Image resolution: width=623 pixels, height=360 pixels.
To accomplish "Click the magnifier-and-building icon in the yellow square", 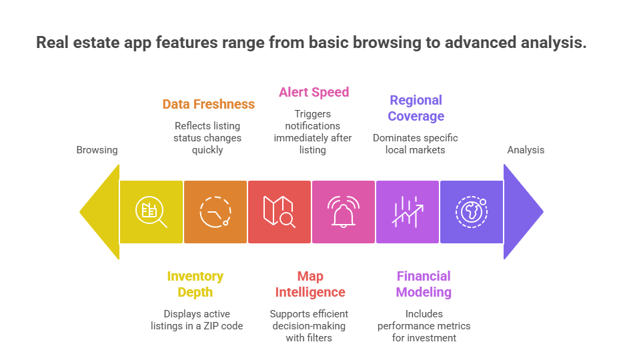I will [151, 212].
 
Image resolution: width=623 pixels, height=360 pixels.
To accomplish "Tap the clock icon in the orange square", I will [215, 212].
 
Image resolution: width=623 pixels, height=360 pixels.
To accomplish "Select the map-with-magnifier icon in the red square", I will [279, 212].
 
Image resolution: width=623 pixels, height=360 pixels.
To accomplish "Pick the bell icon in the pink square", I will [343, 212].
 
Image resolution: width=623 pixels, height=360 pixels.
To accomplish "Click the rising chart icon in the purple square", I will [407, 212].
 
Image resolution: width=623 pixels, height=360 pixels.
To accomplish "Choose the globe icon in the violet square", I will [471, 212].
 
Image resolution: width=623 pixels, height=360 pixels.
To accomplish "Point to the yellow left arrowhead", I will [100, 212].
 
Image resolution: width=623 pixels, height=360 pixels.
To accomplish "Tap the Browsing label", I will [97, 150].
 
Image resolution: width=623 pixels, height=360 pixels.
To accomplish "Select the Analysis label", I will [526, 150].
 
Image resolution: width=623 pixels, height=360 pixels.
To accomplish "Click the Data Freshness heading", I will [208, 105].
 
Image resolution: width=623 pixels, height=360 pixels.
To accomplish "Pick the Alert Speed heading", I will [314, 92].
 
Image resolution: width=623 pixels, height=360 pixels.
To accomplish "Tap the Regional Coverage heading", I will [416, 108].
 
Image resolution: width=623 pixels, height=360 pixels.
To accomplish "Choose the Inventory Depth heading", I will [195, 284].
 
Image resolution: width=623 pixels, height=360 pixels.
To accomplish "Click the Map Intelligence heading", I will [310, 284].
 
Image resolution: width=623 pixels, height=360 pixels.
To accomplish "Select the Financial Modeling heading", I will [424, 284].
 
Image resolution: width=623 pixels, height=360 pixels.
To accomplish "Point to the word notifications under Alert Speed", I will [313, 125].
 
